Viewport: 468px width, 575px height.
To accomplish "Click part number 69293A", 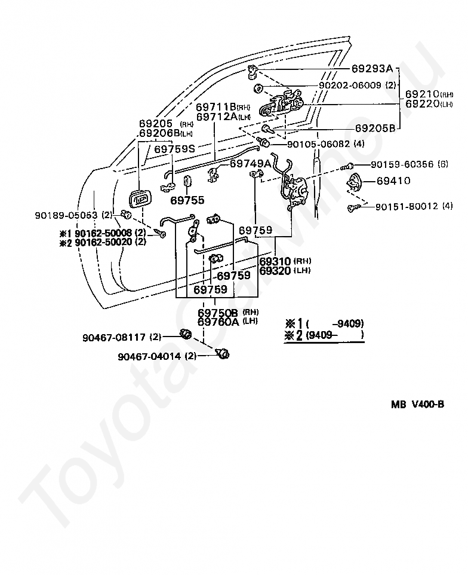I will (372, 68).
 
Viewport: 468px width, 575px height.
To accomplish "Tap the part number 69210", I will (422, 94).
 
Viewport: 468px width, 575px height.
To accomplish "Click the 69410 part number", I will (392, 180).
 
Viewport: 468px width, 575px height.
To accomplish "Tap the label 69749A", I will (250, 163).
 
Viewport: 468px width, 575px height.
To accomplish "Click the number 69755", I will (187, 200).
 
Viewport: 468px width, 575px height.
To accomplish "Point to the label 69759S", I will (174, 149).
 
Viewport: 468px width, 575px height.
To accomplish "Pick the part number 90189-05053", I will (66, 215).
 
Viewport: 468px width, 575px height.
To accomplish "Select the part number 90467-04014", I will (150, 356).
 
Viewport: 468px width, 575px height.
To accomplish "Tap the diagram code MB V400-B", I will (417, 404).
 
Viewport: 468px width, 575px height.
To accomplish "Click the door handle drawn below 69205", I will (138, 199).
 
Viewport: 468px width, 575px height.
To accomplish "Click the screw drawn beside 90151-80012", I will (353, 207).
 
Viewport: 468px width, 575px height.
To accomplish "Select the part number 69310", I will (275, 261).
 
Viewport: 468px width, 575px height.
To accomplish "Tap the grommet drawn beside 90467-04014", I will (224, 354).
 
